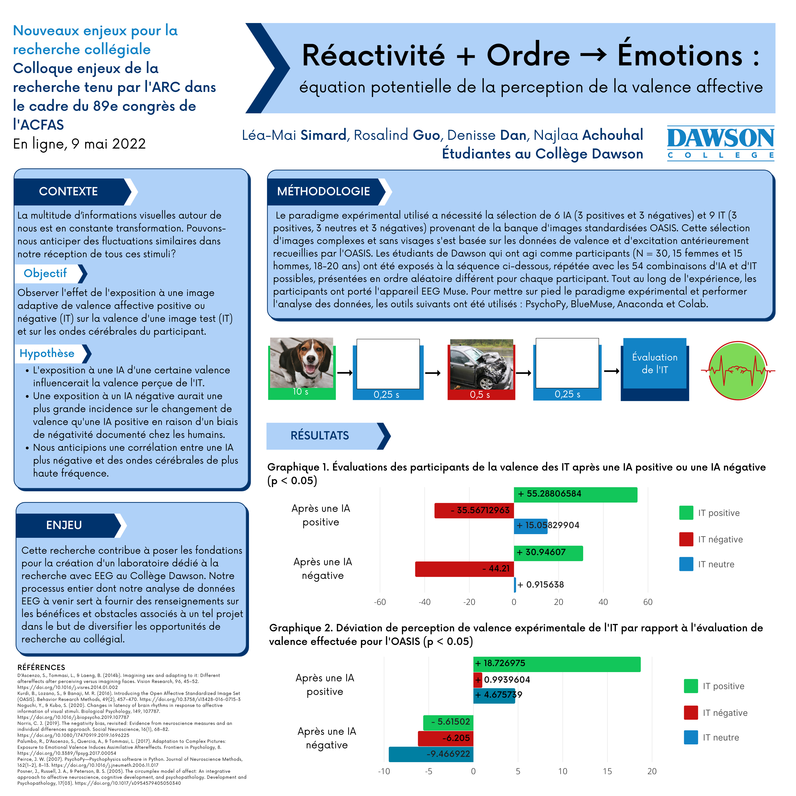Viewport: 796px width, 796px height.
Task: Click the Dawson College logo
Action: [x=721, y=143]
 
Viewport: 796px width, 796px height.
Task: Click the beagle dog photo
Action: [x=301, y=363]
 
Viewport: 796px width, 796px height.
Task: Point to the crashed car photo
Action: [x=482, y=364]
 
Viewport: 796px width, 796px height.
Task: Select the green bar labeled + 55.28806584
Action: [x=576, y=495]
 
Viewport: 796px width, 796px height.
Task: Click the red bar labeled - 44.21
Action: [x=464, y=569]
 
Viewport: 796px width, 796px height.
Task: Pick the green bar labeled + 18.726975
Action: [x=557, y=664]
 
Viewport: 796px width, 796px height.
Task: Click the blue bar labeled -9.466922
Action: [x=431, y=754]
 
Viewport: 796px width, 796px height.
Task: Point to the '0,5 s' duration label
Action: [x=480, y=395]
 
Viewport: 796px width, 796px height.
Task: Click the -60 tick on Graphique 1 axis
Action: [x=380, y=602]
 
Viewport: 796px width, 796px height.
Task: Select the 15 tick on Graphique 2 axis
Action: [x=607, y=771]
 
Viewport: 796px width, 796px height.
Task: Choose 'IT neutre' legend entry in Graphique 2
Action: [x=711, y=737]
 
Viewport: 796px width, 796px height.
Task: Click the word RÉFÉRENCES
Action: [x=41, y=667]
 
